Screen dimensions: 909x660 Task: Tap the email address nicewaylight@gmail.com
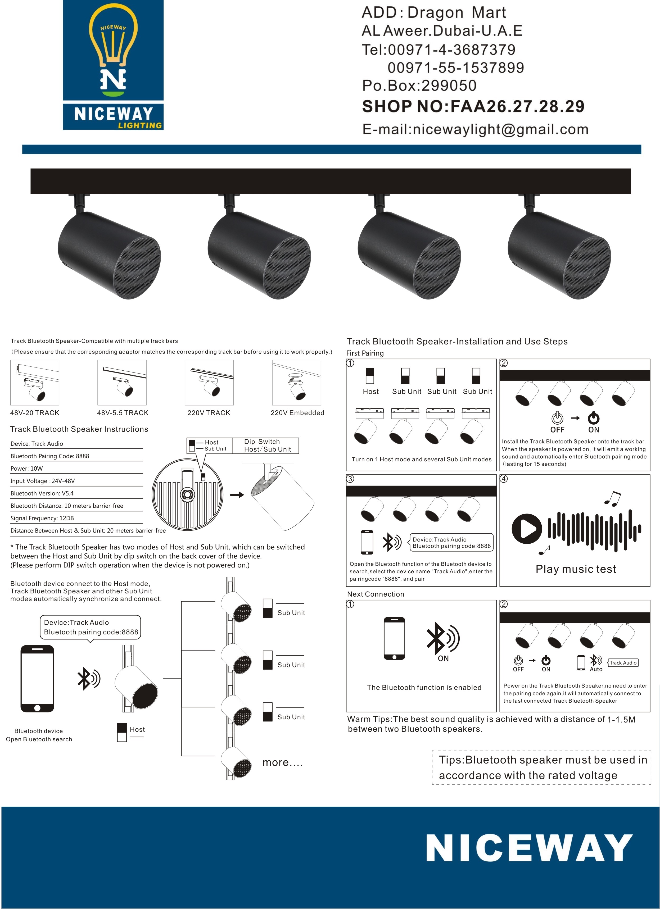(x=475, y=129)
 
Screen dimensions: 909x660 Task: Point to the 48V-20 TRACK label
(x=34, y=413)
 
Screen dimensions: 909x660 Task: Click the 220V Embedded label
(x=297, y=413)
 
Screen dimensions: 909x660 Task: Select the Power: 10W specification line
(x=26, y=469)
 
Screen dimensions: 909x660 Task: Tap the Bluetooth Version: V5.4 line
(x=42, y=493)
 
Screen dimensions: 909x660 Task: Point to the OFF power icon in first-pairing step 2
(x=557, y=419)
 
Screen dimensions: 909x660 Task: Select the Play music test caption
(x=575, y=569)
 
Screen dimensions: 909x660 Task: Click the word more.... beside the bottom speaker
(x=282, y=762)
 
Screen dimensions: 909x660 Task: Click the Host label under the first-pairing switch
(x=370, y=392)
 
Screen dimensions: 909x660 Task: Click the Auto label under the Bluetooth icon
(x=596, y=669)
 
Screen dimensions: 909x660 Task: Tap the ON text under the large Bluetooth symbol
(x=443, y=658)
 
